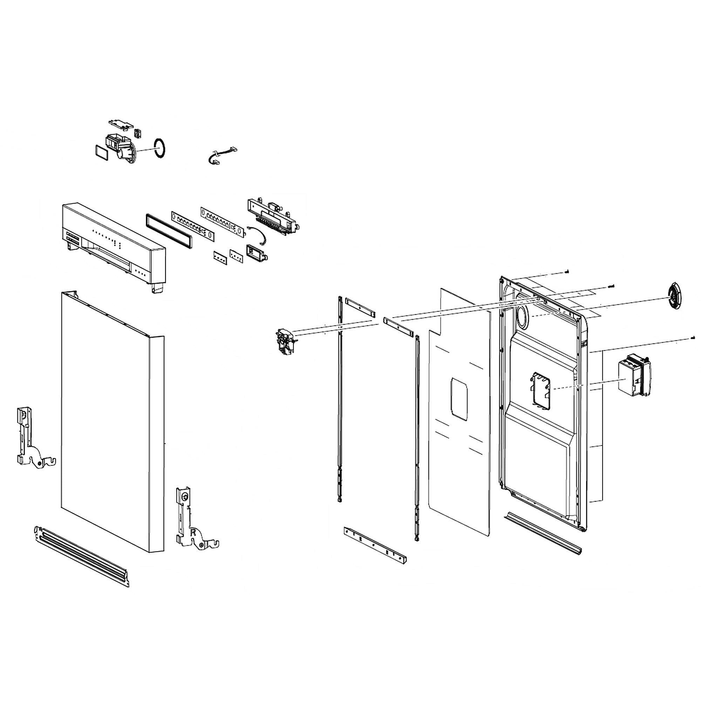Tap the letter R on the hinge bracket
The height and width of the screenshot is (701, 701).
[193, 533]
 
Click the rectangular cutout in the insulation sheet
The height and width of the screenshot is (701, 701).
[459, 399]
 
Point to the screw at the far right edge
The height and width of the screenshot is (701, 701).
[693, 338]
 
